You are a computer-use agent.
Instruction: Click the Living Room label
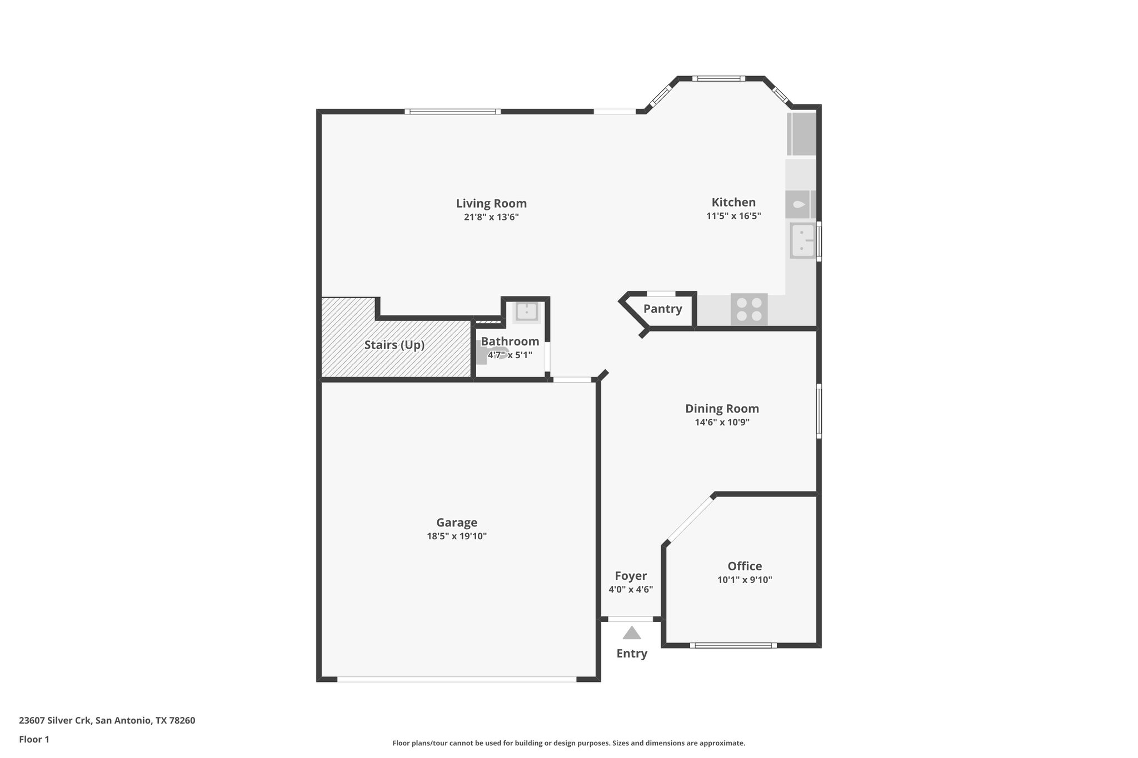click(x=491, y=203)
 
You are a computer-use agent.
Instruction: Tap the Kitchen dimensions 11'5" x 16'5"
click(x=733, y=216)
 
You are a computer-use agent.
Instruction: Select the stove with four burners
click(x=749, y=310)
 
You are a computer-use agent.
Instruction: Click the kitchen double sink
click(x=802, y=240)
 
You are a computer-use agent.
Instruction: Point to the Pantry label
click(x=662, y=309)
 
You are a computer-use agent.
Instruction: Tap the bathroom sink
click(x=526, y=312)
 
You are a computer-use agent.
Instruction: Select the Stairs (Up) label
click(x=394, y=345)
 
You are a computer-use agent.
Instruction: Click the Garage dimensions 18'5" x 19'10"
click(x=457, y=536)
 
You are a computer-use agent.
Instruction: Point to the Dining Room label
click(x=722, y=409)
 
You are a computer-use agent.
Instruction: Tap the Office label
click(x=745, y=566)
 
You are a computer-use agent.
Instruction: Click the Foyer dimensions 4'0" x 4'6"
click(x=631, y=590)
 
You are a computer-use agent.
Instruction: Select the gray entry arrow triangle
click(x=632, y=633)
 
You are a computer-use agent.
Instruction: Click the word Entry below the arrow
click(x=632, y=654)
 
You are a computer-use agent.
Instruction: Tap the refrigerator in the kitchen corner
click(x=802, y=134)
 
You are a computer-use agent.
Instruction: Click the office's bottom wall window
click(x=733, y=645)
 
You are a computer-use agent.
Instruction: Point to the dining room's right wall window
click(x=818, y=410)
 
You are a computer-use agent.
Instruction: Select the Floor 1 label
click(x=34, y=740)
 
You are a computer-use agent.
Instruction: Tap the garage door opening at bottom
click(x=456, y=679)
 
